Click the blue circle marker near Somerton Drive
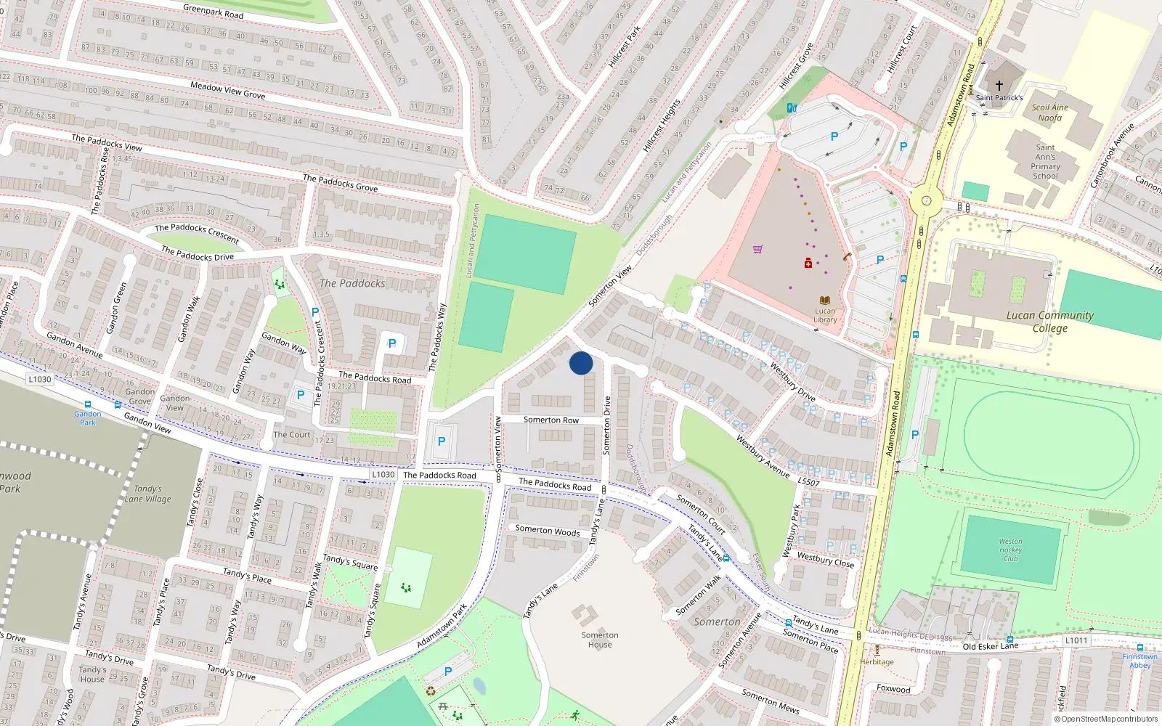pos(581,363)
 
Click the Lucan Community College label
pos(1050,321)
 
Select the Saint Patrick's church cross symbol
pos(999,86)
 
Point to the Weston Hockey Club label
pos(1010,550)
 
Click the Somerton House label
pos(600,640)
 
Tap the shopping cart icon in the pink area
pos(758,249)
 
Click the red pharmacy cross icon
pos(808,263)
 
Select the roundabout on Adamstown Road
pos(926,200)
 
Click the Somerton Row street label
pos(551,420)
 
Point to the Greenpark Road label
pos(214,11)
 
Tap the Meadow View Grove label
pos(227,90)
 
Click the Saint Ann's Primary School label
pos(1045,161)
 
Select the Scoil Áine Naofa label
pos(1050,113)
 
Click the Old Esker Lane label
pos(990,646)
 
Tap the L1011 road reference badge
pos(1076,640)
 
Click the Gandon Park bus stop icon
pos(88,404)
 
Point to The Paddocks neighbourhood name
pos(352,283)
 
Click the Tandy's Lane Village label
pos(148,494)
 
